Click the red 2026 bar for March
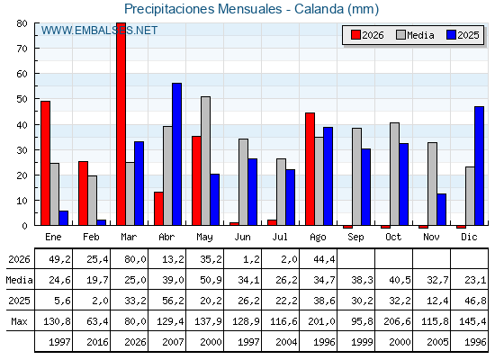click(x=121, y=124)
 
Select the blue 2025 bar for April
click(x=176, y=154)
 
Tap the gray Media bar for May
click(x=206, y=161)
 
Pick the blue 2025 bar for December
click(x=479, y=166)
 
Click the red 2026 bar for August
click(x=310, y=169)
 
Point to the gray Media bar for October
click(x=395, y=174)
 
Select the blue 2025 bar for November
click(x=442, y=210)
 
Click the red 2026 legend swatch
click(x=355, y=35)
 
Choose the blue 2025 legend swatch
click(x=451, y=35)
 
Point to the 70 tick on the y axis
click(x=22, y=49)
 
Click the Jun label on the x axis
click(x=242, y=237)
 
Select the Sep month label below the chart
click(x=355, y=237)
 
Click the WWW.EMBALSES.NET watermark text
click(x=99, y=31)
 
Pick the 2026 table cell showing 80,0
click(x=135, y=259)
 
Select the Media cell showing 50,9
click(x=211, y=280)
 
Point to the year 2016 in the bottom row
click(x=97, y=342)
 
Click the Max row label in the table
click(x=19, y=321)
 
